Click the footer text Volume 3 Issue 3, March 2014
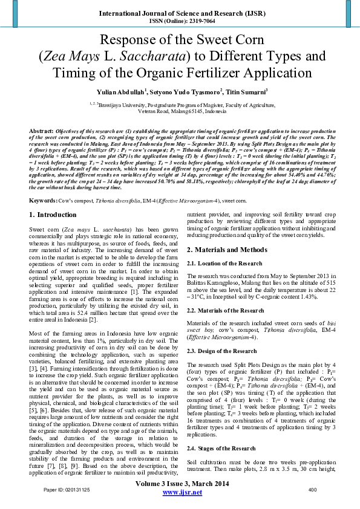point(180,491)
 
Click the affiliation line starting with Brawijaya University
point(182,103)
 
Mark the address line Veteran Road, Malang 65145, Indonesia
point(182,112)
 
